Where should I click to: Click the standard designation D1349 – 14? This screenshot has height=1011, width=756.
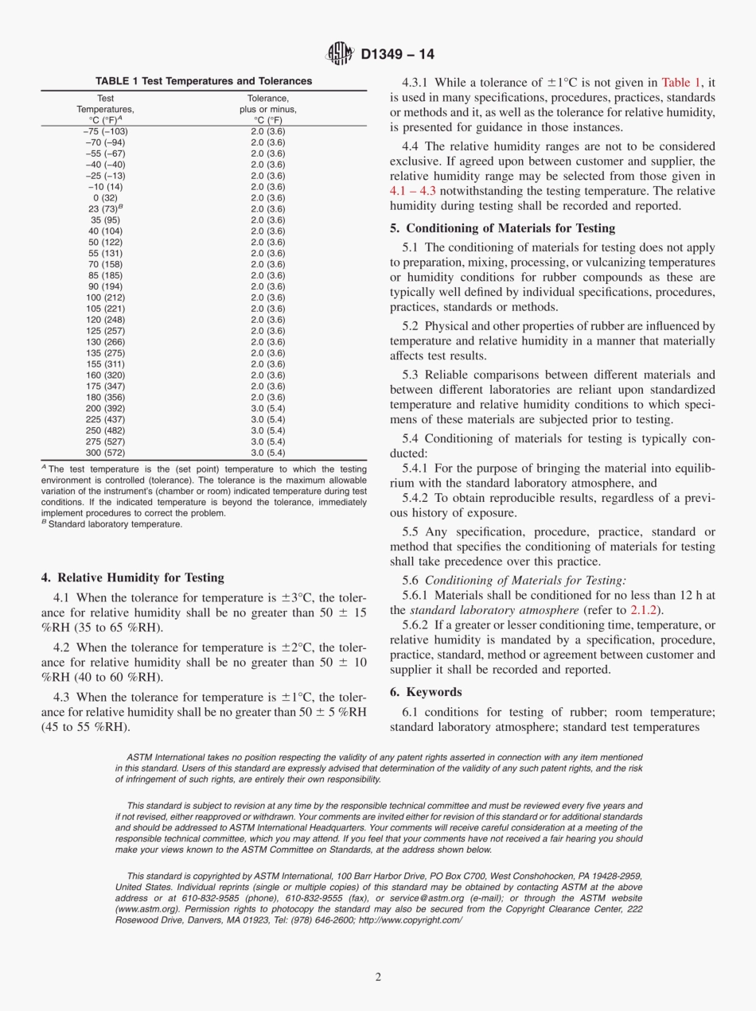[397, 55]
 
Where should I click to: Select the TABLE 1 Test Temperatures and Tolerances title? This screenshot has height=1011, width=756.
[204, 81]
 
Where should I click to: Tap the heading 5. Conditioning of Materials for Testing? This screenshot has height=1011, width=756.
[502, 228]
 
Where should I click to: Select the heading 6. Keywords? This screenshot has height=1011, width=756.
[426, 692]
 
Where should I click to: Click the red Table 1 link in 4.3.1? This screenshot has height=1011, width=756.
[680, 81]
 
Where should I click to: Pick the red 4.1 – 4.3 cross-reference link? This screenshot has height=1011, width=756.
[413, 191]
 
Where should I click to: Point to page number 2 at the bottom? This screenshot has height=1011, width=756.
[378, 976]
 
